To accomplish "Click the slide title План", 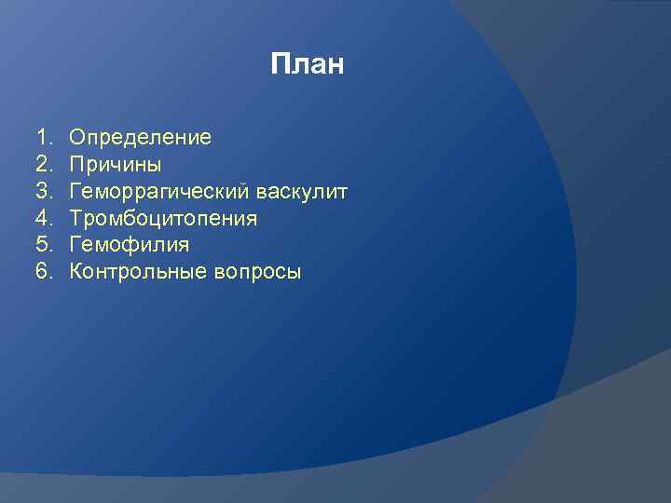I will (308, 64).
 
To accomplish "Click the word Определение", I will (141, 138).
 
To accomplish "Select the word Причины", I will (116, 165).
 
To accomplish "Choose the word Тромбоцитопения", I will (164, 219).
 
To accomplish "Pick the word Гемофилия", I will (130, 245).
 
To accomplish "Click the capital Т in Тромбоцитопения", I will (76, 219).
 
